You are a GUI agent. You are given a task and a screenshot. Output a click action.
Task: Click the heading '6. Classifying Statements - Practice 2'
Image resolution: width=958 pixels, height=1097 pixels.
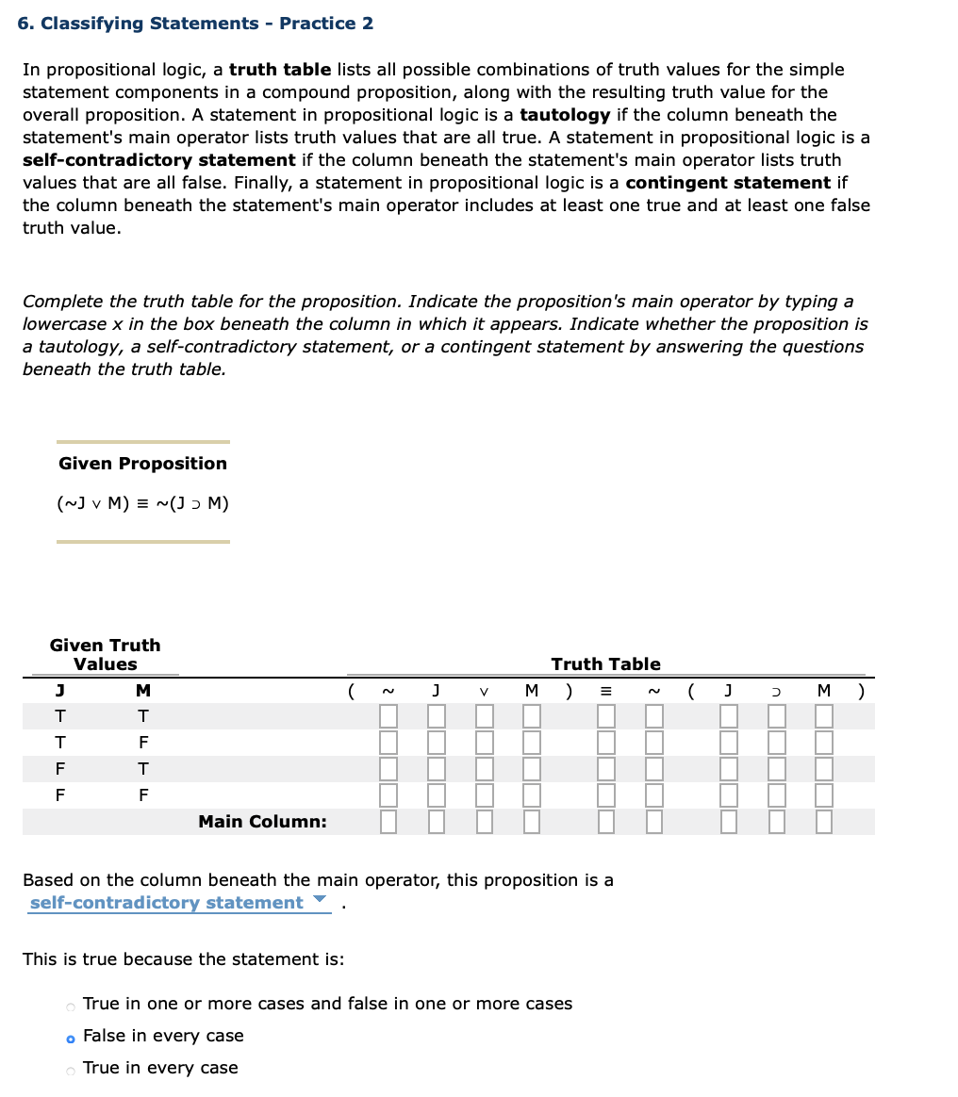click(195, 24)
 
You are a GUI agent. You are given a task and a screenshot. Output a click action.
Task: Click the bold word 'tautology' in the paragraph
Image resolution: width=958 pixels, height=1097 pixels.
click(565, 115)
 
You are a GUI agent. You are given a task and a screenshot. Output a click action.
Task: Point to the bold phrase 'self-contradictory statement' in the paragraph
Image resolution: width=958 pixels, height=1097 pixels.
click(158, 160)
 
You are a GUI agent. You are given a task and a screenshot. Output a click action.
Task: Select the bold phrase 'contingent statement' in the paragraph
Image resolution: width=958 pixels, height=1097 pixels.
click(727, 183)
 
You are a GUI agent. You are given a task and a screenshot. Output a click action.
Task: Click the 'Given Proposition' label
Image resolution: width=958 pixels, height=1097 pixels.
click(142, 464)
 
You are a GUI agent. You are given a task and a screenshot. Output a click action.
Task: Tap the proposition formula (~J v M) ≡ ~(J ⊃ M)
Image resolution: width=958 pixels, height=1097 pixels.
click(142, 503)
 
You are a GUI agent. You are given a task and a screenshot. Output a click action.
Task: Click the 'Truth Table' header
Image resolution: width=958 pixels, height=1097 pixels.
click(605, 664)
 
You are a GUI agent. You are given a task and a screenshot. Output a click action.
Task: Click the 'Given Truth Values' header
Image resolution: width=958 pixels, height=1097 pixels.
click(105, 655)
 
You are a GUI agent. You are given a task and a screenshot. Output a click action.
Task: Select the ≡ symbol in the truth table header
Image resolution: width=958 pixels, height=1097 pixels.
click(605, 692)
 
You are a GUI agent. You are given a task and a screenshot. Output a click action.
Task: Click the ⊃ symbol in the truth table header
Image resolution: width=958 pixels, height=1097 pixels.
click(776, 692)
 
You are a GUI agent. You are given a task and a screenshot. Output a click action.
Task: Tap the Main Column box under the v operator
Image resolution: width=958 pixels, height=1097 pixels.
click(484, 822)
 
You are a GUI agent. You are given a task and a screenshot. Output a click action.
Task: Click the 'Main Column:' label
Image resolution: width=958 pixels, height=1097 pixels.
click(262, 822)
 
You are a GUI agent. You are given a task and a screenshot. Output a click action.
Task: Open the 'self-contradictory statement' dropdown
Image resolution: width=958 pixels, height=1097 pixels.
click(179, 903)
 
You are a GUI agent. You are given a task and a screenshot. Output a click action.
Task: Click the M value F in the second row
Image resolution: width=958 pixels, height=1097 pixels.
click(143, 743)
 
